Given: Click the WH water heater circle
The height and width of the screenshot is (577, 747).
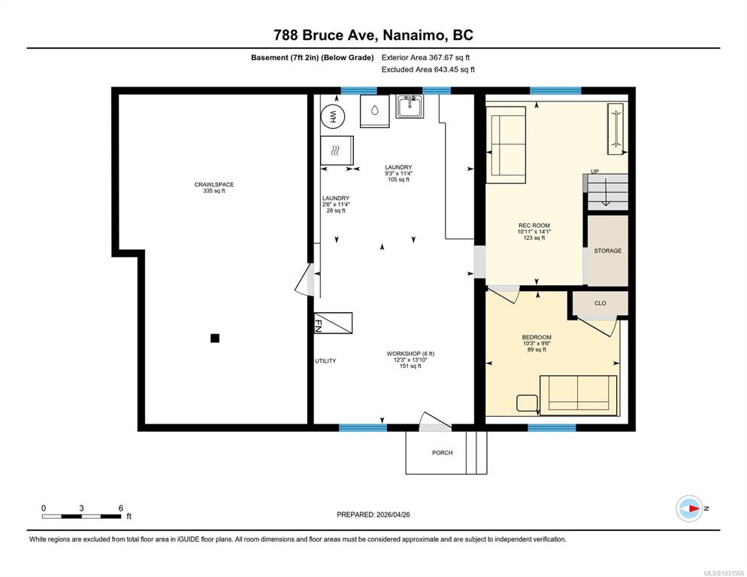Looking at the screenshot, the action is tap(333, 117).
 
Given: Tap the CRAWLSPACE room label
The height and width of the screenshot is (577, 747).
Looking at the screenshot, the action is tap(214, 184).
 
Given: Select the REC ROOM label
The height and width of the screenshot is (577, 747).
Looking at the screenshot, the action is tap(534, 226).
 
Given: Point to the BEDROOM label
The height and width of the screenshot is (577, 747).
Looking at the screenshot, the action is tap(537, 337).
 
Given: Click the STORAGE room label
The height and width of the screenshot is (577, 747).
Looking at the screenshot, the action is tap(607, 251).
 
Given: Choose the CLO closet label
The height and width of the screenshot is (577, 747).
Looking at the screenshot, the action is tap(600, 303).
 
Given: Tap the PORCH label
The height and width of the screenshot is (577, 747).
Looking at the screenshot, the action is tap(442, 453).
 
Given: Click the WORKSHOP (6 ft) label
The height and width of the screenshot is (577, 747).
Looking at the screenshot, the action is tap(410, 354).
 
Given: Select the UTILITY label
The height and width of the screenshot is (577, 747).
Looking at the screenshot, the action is tap(325, 361).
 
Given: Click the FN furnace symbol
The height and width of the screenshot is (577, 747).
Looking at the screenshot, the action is tap(333, 323).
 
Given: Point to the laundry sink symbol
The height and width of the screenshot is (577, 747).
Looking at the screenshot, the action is tap(410, 106).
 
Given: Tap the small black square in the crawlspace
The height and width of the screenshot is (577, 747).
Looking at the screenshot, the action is tap(215, 338).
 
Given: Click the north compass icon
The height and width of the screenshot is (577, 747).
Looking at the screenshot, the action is tap(689, 509).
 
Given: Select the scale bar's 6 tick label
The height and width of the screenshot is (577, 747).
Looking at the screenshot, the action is tap(120, 509).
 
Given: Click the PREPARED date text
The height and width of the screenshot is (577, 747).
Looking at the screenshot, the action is tap(373, 515).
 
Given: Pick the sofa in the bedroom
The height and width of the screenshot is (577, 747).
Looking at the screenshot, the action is tap(579, 395).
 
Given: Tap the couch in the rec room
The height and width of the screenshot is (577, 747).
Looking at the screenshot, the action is tap(506, 145).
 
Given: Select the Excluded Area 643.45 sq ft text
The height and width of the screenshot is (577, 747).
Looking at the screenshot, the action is tap(428, 70).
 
